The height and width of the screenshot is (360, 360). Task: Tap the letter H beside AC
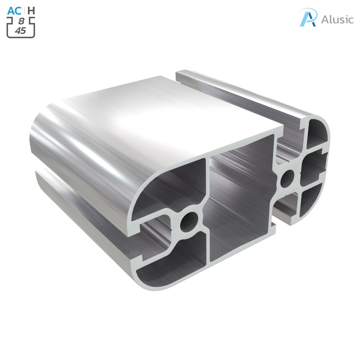tap(31, 11)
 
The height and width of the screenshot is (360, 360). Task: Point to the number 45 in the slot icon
tap(20, 31)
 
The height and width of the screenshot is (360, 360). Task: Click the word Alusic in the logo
tap(337, 19)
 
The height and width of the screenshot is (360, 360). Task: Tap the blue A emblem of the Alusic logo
tap(308, 17)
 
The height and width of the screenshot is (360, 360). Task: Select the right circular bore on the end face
tap(289, 175)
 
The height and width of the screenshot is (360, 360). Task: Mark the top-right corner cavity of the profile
tap(316, 134)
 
